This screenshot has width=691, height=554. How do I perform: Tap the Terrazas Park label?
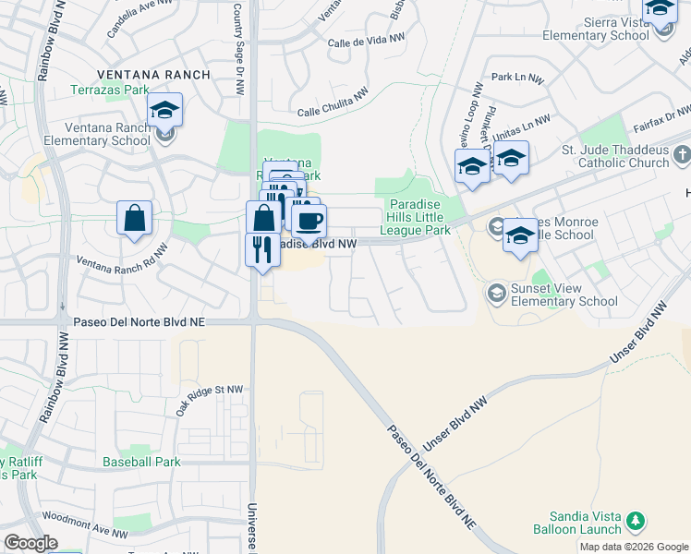point(110,91)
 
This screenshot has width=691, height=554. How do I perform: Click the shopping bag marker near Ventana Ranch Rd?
point(135,220)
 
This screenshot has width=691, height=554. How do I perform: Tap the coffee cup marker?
point(309,221)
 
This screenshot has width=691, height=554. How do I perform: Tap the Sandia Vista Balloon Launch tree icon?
point(635,522)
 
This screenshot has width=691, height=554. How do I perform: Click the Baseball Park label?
point(141,461)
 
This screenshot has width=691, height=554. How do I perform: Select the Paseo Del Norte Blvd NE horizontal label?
point(139,322)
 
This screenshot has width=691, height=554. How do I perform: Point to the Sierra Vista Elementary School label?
point(596,28)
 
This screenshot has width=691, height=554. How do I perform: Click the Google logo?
point(30,543)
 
